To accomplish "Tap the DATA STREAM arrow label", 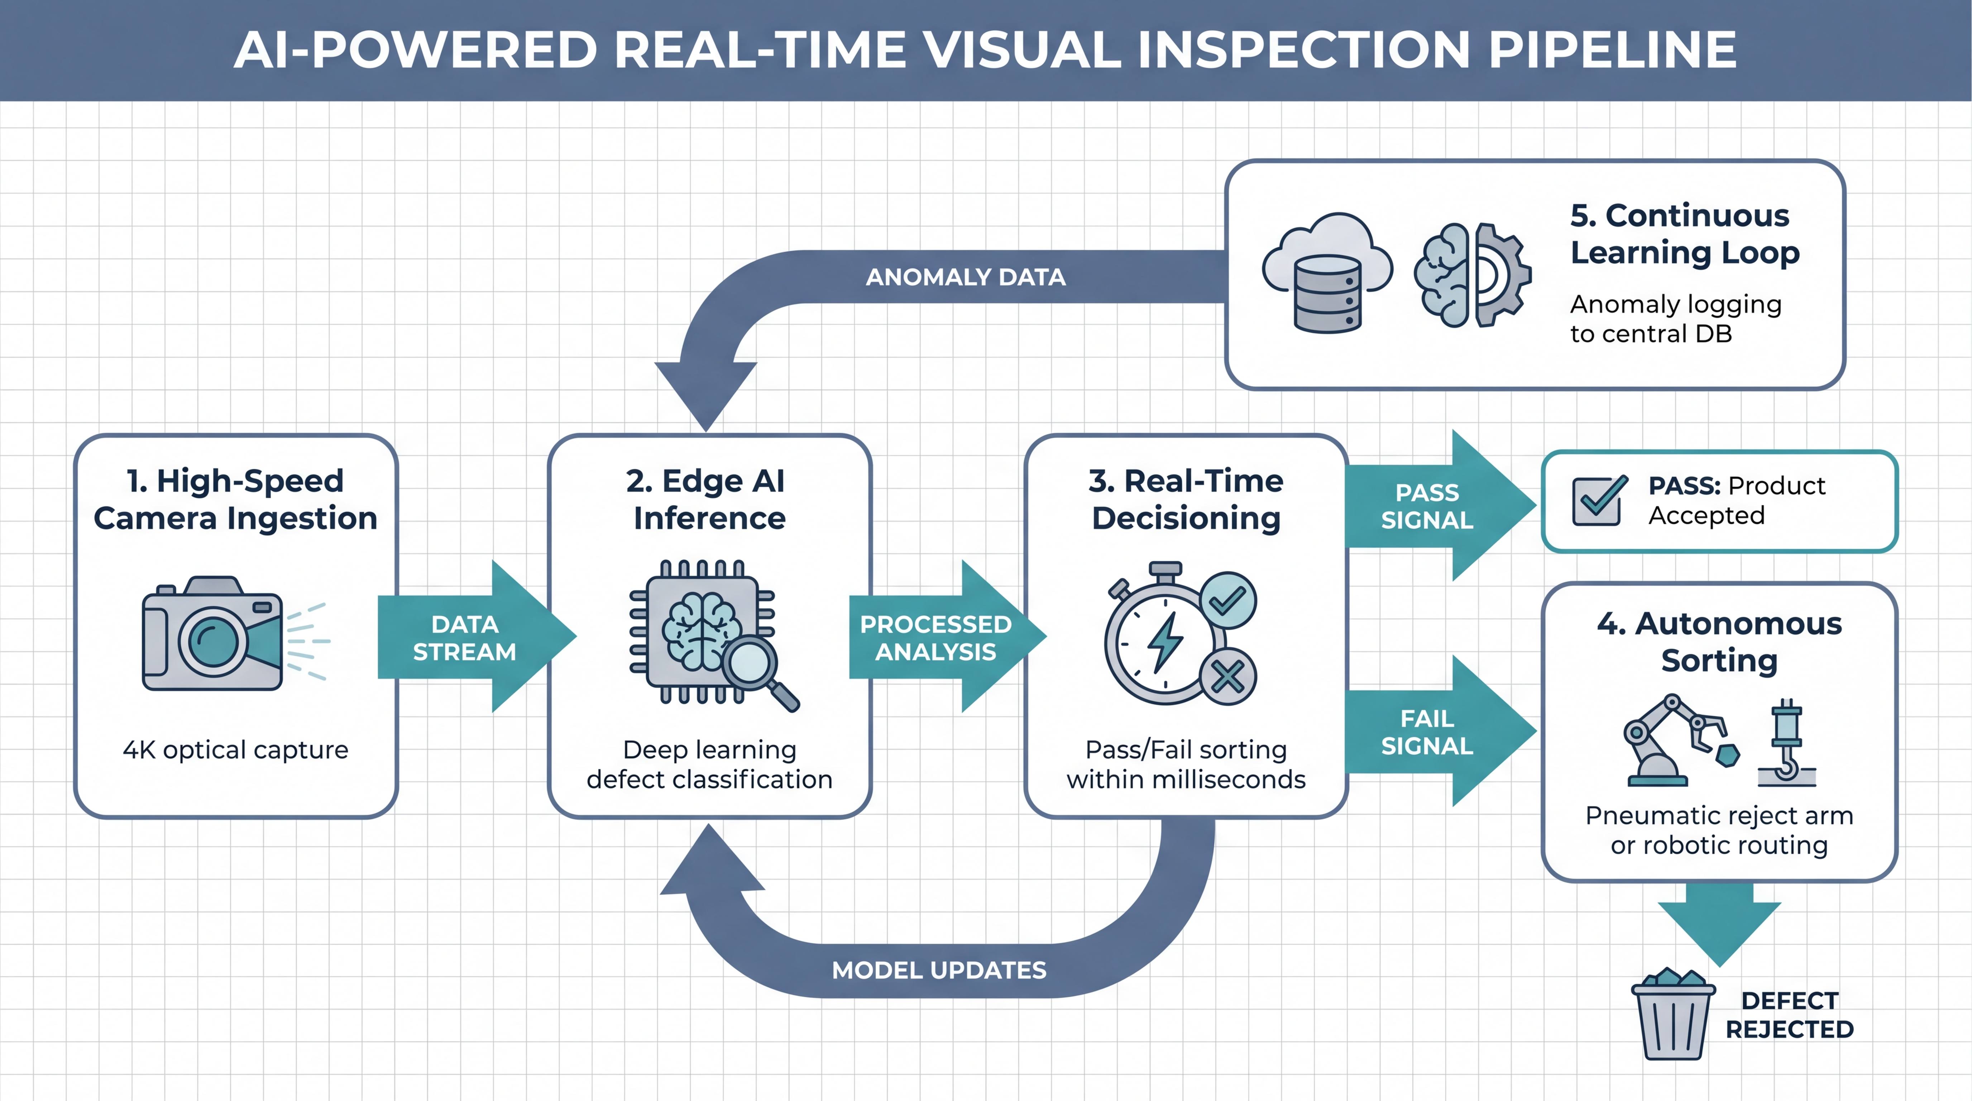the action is tap(465, 638).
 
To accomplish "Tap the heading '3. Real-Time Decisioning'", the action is tap(1186, 499).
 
